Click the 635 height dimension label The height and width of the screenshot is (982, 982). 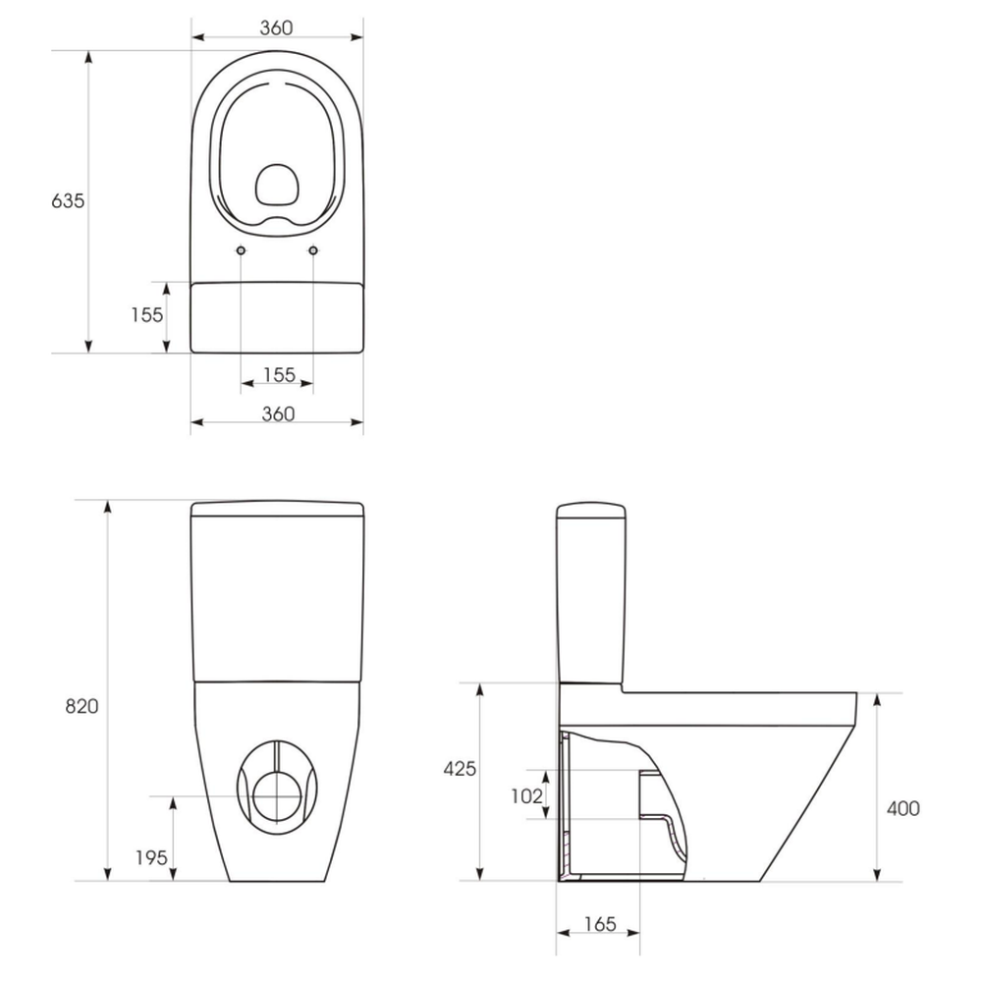coord(68,201)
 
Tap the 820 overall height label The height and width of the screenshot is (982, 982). coord(82,706)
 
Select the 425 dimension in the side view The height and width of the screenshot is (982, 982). coord(460,769)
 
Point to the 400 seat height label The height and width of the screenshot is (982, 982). coord(903,808)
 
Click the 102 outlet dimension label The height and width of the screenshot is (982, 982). coord(526,796)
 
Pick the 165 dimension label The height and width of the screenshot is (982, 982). coord(600,924)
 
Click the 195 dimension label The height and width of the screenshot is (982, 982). coord(151,857)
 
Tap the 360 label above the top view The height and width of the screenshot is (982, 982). coord(276,28)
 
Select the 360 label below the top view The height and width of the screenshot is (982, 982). coord(278,414)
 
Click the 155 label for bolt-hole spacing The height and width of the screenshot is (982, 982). coord(279,374)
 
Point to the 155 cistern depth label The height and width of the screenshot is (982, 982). coord(146,314)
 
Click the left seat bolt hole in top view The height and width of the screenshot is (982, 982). coord(242,250)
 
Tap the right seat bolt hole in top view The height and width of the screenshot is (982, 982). coord(313,250)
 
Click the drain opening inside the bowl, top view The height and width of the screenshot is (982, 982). coord(277,185)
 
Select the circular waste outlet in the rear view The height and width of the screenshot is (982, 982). coord(277,796)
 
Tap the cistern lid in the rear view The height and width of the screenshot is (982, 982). coord(277,509)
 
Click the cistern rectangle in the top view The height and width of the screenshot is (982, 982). coord(277,317)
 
